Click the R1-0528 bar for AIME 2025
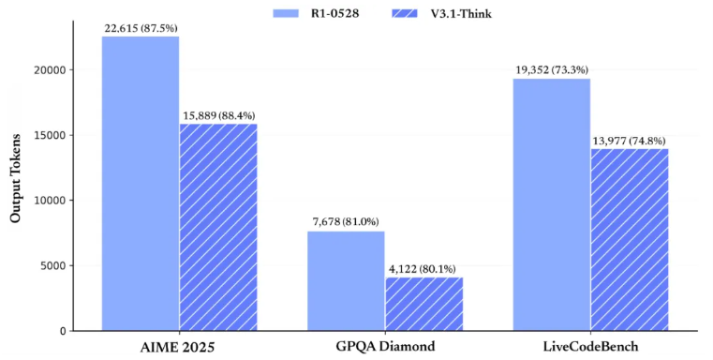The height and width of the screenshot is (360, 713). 141,184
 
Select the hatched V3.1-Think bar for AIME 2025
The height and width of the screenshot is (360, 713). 218,227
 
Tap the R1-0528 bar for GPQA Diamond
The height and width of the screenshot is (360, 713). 346,281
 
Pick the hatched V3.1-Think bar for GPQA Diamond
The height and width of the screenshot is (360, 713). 424,304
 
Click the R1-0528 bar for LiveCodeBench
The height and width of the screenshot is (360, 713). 552,204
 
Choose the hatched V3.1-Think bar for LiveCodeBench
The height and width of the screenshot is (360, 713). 630,240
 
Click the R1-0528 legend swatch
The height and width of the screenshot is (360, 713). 286,13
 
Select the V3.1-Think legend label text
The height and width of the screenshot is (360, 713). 461,14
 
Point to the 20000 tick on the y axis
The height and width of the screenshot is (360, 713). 51,70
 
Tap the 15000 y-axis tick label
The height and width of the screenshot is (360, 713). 51,135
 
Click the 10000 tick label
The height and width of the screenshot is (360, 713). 51,201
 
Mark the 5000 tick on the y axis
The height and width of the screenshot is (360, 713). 53,266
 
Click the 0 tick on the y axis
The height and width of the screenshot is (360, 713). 63,331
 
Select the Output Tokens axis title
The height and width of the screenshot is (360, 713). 16,178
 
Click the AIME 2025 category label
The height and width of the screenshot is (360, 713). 177,348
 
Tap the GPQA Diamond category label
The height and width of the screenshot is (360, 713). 385,346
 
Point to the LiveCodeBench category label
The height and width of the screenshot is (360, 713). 590,347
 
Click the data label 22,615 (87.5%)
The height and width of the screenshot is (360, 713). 141,29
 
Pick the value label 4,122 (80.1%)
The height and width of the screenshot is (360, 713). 422,269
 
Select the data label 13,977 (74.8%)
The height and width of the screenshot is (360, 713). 629,141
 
